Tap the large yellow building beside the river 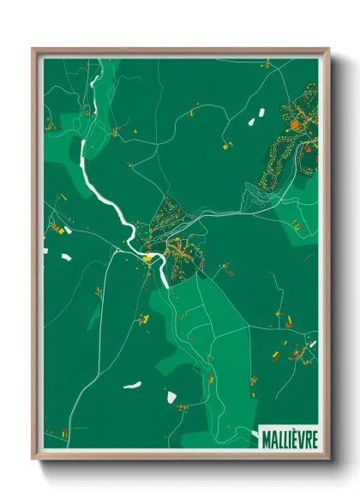click(147, 256)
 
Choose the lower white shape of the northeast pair click(252, 123)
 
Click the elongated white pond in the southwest click(131, 385)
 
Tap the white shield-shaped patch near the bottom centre click(171, 398)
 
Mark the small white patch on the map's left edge click(45, 250)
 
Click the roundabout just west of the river click(117, 249)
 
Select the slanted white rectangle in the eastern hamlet click(312, 345)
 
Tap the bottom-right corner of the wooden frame click(329, 460)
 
